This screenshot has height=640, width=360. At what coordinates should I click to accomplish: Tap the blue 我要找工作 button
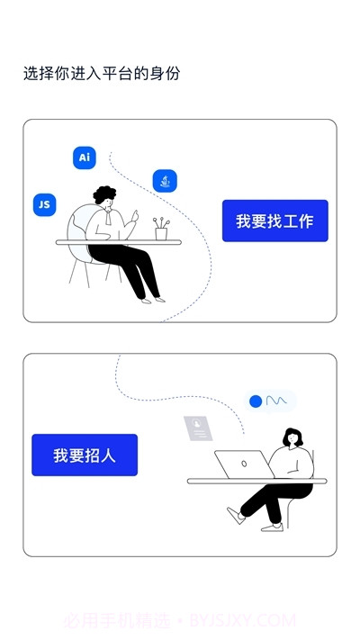pyautogui.click(x=274, y=221)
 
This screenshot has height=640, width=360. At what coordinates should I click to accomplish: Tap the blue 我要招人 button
pyautogui.click(x=85, y=455)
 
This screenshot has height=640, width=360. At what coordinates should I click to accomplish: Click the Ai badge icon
pyautogui.click(x=85, y=158)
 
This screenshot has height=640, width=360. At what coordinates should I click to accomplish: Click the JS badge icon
pyautogui.click(x=43, y=204)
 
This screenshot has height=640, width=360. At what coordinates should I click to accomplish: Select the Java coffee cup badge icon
pyautogui.click(x=165, y=181)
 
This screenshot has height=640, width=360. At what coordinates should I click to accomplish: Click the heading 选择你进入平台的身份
pyautogui.click(x=102, y=74)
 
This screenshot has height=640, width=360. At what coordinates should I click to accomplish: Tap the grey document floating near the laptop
pyautogui.click(x=198, y=428)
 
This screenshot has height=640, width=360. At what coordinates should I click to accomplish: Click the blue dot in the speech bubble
pyautogui.click(x=256, y=401)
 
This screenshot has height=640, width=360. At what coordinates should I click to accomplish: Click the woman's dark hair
pyautogui.click(x=293, y=437)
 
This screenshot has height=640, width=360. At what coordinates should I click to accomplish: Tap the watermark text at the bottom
pyautogui.click(x=180, y=620)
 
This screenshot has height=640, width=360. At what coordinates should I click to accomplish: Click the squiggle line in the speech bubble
pyautogui.click(x=275, y=401)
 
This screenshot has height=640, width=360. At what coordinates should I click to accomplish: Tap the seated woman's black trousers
pyautogui.click(x=270, y=500)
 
